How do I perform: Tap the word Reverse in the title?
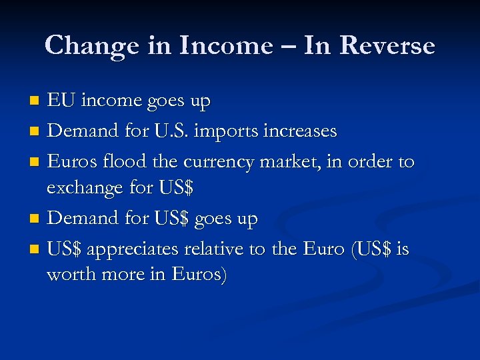pyautogui.click(x=387, y=46)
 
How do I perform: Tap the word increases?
pyautogui.click(x=305, y=131)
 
